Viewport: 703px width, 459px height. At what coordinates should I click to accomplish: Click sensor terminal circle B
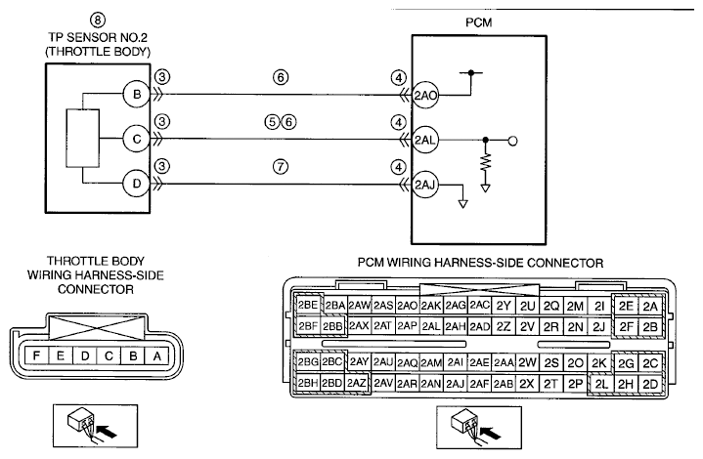[x=137, y=95]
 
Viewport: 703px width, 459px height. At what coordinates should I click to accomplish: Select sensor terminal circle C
[x=137, y=140]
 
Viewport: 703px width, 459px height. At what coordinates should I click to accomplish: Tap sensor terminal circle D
[x=137, y=184]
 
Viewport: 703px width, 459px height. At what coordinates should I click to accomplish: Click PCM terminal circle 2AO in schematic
[x=425, y=96]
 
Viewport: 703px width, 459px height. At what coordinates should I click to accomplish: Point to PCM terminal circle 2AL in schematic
[x=425, y=141]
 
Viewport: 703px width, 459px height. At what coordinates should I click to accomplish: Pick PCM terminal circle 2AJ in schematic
[x=425, y=185]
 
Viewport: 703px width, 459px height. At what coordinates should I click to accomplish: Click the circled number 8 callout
[x=98, y=21]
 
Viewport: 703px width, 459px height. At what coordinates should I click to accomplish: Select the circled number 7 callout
[x=281, y=167]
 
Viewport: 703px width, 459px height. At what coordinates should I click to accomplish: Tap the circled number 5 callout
[x=272, y=122]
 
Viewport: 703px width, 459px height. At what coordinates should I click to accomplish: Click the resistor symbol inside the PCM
[x=486, y=162]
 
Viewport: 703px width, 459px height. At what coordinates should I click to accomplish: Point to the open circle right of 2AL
[x=513, y=141]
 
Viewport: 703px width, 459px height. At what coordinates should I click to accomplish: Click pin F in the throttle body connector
[x=36, y=356]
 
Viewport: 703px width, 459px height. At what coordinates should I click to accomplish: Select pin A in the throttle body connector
[x=156, y=356]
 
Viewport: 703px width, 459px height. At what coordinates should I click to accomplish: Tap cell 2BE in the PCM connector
[x=308, y=305]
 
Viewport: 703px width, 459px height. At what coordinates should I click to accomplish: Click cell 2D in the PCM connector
[x=650, y=384]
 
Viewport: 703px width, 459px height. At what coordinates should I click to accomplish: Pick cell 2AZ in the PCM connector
[x=357, y=384]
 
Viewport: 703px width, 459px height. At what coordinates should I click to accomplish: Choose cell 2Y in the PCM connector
[x=504, y=306]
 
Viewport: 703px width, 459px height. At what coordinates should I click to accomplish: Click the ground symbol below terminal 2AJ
[x=462, y=204]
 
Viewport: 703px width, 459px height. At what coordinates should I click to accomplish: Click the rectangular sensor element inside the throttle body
[x=83, y=139]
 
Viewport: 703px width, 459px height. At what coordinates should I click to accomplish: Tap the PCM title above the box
[x=479, y=22]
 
